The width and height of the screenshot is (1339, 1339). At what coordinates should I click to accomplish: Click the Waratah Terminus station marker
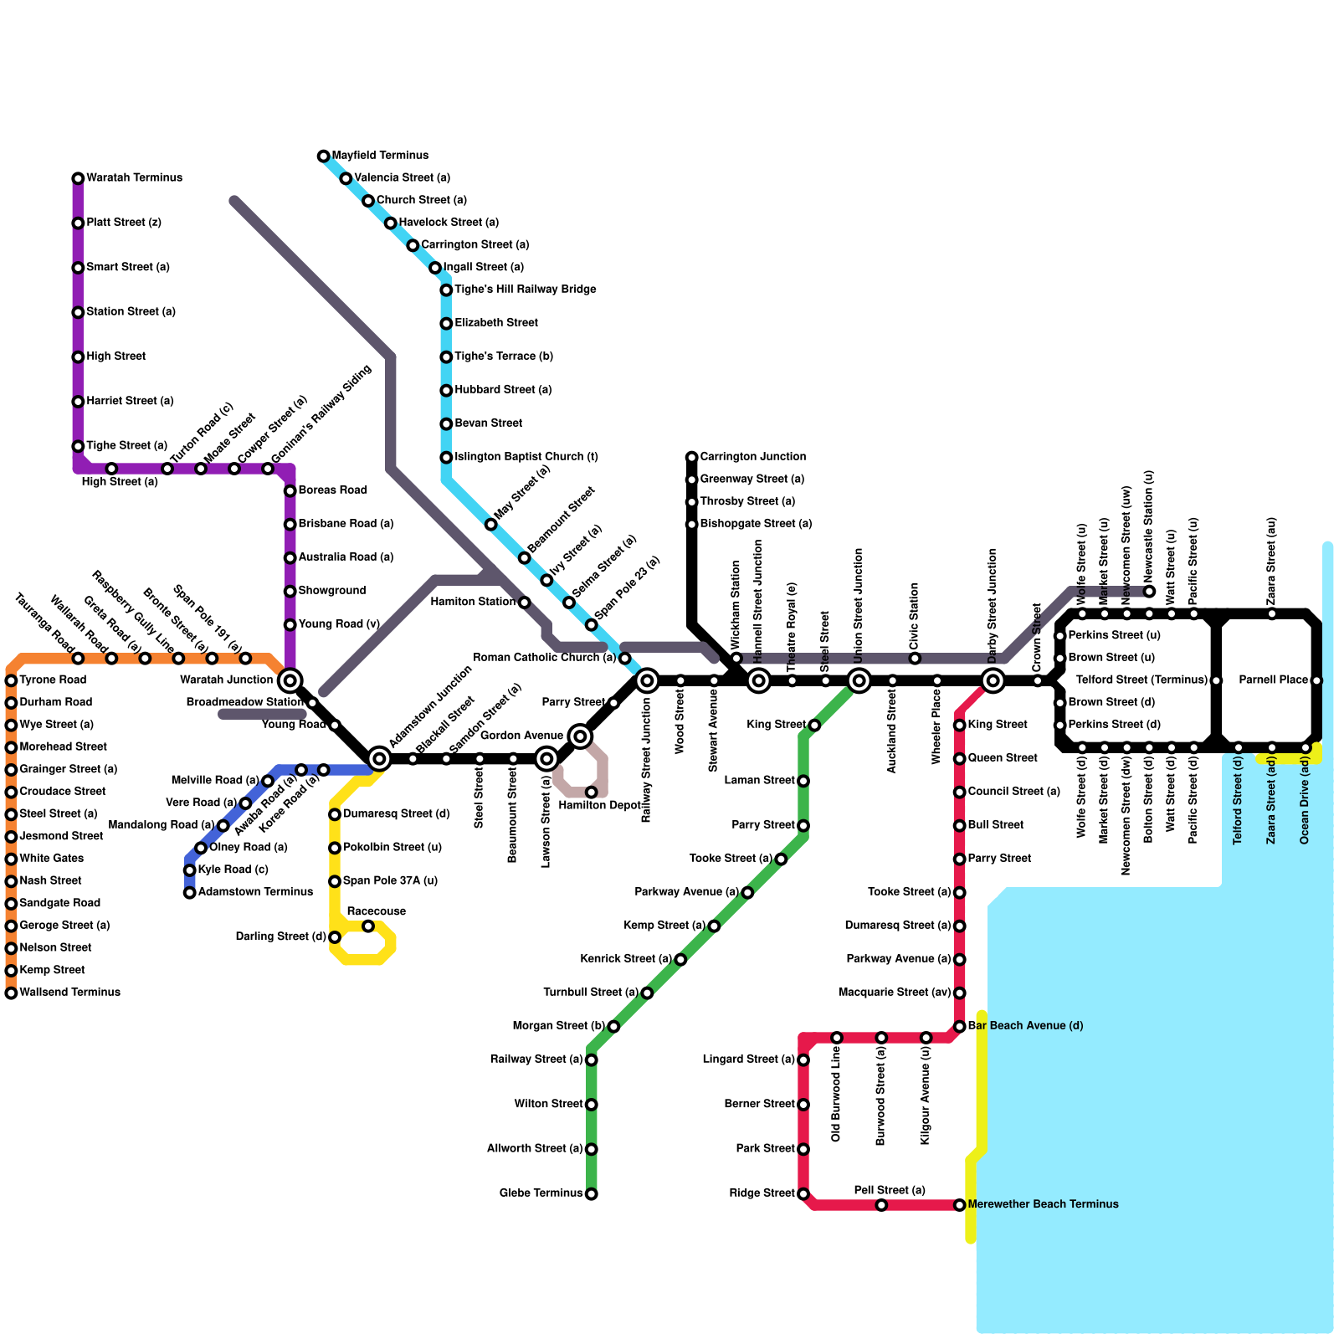78,178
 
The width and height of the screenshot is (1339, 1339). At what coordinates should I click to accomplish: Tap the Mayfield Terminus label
380,156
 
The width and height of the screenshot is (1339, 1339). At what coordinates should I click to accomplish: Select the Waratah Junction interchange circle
290,680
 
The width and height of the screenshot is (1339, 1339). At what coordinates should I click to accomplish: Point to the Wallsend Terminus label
69,993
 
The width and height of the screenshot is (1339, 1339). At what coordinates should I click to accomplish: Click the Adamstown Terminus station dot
190,893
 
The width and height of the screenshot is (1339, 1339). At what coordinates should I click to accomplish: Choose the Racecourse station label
376,911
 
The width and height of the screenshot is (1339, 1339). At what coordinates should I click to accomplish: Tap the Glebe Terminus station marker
592,1194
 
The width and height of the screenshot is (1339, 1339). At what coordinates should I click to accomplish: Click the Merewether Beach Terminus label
1043,1204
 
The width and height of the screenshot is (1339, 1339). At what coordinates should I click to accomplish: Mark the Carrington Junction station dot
692,458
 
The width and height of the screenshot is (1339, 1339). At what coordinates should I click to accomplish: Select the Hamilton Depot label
600,805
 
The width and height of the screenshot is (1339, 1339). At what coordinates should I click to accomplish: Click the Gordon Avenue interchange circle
580,736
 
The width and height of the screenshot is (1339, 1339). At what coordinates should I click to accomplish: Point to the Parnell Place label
1273,680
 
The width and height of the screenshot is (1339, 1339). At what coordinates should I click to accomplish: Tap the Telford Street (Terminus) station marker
1216,680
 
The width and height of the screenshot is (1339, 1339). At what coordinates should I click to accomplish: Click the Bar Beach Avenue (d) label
1025,1026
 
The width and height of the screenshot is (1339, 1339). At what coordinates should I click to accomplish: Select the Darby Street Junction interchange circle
993,680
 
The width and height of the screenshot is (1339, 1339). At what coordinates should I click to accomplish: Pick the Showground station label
332,591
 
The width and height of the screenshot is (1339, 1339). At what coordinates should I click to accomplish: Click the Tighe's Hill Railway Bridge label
526,290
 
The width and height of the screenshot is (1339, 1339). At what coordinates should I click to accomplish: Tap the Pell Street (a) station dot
881,1205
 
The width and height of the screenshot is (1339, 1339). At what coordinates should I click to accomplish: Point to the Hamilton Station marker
525,603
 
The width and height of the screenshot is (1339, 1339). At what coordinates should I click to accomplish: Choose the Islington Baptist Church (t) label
526,457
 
